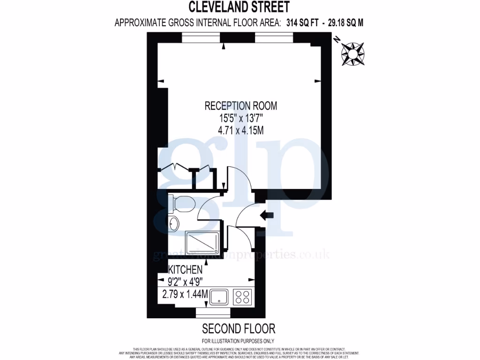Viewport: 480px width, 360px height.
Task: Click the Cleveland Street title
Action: pos(239,7)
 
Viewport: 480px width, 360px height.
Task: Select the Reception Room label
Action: pos(240,106)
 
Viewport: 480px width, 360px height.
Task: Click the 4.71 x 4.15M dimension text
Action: pos(240,130)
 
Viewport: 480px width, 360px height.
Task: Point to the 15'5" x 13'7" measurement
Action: pos(240,118)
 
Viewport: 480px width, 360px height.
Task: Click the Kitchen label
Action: pos(185,270)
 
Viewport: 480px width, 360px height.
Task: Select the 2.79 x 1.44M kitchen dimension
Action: pos(184,294)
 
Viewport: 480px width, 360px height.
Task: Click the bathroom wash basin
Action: pos(174,224)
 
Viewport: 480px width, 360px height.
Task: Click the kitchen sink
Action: pos(219,297)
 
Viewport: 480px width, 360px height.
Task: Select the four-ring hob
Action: pos(242,297)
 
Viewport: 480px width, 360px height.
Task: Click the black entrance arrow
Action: pos(267,215)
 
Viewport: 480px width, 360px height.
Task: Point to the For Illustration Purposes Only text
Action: pos(238,341)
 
